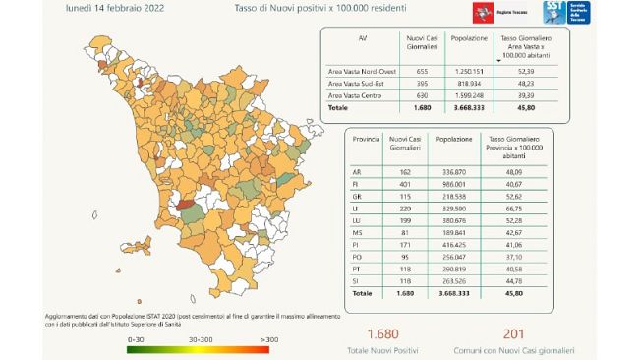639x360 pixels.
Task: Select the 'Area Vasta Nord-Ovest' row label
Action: (361, 72)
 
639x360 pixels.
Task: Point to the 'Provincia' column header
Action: (360, 143)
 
